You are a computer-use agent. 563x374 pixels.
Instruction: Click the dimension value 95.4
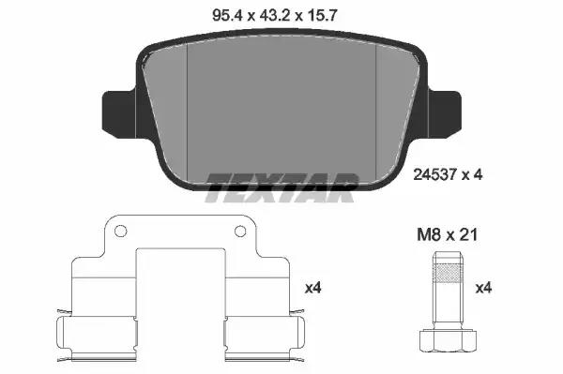(x=228, y=15)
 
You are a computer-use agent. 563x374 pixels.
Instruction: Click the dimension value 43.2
(x=275, y=15)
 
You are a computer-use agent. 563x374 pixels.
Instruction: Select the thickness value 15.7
(x=321, y=15)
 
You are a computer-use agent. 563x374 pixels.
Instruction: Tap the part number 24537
(x=434, y=174)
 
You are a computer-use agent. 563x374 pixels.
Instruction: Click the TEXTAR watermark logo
(x=281, y=187)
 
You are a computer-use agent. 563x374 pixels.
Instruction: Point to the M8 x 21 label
(x=447, y=235)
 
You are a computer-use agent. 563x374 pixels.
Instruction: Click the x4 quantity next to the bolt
(x=483, y=288)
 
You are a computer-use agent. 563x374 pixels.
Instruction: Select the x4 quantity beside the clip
(x=312, y=288)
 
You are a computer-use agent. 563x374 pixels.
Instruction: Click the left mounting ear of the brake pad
(x=119, y=114)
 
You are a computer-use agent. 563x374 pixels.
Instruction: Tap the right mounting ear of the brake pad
(x=444, y=114)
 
